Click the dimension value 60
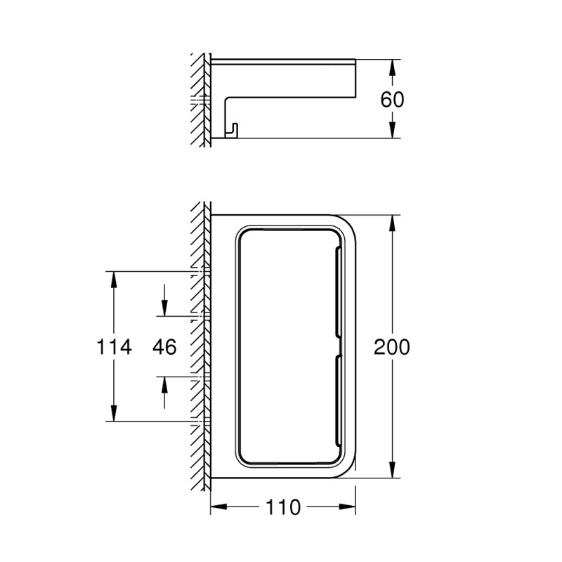(393, 98)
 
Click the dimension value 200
(391, 346)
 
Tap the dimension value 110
(284, 507)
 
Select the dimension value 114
(113, 346)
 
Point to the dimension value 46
(164, 346)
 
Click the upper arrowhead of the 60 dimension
(393, 65)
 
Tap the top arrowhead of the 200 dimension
(393, 221)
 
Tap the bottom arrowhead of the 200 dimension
(393, 471)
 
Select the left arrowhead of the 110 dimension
(218, 507)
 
